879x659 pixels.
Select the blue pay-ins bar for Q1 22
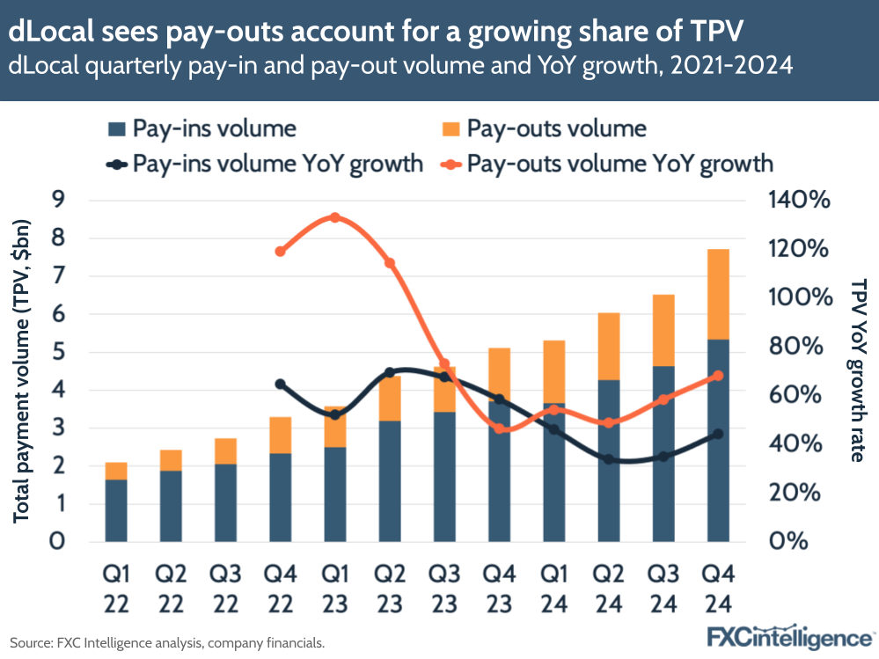tap(116, 510)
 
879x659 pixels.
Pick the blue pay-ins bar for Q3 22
tap(225, 502)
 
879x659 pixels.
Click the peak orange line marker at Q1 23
tap(334, 217)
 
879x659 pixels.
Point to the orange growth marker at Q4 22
tap(280, 251)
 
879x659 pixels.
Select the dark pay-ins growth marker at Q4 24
tap(717, 434)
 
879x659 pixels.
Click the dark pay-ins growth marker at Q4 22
tap(280, 384)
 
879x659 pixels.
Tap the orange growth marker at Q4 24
tap(717, 376)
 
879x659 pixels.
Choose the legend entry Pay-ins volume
tap(201, 129)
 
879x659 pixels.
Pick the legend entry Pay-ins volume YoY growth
tap(264, 164)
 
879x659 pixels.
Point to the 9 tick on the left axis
tap(58, 201)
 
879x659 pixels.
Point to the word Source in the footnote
tap(32, 643)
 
